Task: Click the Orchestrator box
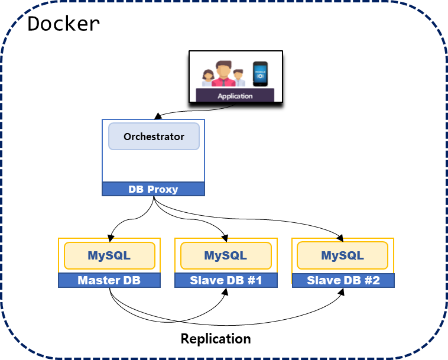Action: coord(154,137)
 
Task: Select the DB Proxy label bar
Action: coord(153,189)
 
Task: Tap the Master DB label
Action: coord(109,280)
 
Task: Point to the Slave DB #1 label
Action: coord(226,280)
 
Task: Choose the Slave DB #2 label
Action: coord(343,280)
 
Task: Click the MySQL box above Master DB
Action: coord(109,255)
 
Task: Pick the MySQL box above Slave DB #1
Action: coord(226,255)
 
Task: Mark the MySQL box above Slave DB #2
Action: coord(342,255)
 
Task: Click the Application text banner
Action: coord(235,96)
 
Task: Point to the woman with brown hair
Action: coord(207,79)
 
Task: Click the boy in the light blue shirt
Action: coord(239,79)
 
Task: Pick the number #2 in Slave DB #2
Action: coord(372,280)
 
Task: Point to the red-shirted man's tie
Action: coord(223,82)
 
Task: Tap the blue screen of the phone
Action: coord(260,75)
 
